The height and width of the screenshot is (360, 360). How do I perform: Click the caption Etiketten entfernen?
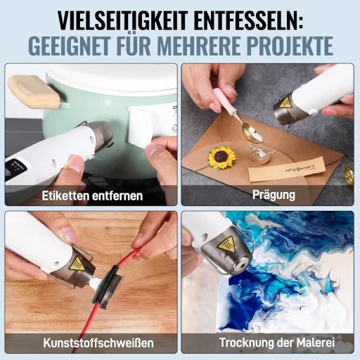91,195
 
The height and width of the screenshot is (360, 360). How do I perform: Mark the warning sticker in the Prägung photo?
285,103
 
